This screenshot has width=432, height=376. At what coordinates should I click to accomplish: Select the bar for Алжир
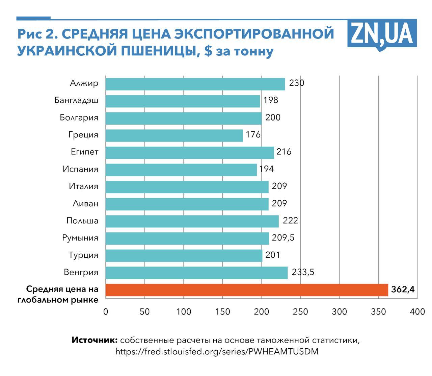(x=195, y=84)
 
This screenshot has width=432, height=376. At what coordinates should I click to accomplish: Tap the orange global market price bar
(x=247, y=290)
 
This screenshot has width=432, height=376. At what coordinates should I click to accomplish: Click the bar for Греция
(x=174, y=135)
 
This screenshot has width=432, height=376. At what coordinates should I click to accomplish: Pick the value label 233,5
(x=303, y=272)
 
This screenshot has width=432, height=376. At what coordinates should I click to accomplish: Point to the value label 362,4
(x=403, y=290)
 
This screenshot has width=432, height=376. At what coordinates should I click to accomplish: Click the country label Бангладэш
(x=76, y=100)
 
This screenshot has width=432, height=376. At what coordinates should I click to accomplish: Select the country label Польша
(x=82, y=221)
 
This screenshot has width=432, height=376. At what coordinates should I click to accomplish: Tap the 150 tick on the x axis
(x=223, y=311)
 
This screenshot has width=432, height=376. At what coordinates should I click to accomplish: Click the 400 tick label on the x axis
(x=417, y=311)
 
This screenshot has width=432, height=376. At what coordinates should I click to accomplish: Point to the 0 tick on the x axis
(x=106, y=311)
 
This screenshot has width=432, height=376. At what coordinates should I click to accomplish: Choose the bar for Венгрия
(x=196, y=273)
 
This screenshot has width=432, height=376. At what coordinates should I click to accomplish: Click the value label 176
(x=253, y=135)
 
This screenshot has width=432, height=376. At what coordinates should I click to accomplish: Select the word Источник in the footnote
(x=94, y=340)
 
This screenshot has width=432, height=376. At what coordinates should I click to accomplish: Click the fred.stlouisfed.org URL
(x=217, y=352)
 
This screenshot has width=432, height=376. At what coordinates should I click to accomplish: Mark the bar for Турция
(x=184, y=256)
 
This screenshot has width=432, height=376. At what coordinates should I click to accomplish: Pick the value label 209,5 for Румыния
(x=283, y=238)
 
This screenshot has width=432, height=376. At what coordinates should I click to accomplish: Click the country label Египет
(x=84, y=152)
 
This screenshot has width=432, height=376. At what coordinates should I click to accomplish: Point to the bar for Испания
(x=181, y=170)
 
